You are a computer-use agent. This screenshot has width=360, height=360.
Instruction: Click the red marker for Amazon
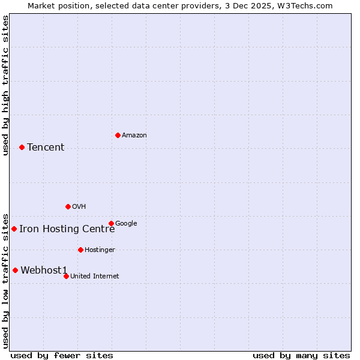(x=118, y=135)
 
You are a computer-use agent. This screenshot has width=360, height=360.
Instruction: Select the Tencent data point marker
(x=22, y=147)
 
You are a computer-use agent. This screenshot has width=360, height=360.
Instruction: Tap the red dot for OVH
(x=68, y=206)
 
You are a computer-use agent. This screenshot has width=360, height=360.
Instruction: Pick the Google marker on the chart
(x=111, y=223)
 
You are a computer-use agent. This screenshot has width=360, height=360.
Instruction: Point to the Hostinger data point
(x=80, y=250)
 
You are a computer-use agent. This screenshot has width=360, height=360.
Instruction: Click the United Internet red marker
(x=66, y=276)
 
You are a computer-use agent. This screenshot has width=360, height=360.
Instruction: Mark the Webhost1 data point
(x=15, y=270)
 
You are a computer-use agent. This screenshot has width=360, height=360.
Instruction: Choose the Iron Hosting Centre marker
(x=14, y=229)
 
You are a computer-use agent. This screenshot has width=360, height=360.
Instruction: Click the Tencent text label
(x=46, y=148)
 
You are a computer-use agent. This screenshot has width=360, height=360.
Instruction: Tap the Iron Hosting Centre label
(x=67, y=229)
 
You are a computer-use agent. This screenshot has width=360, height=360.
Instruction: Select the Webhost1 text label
(x=44, y=271)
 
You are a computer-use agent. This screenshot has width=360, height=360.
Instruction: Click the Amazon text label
(x=134, y=136)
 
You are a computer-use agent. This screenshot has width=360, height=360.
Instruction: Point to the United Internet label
(x=94, y=277)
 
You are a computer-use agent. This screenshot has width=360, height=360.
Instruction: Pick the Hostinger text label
(x=100, y=250)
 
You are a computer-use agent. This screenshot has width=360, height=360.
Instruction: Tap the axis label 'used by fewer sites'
(x=62, y=356)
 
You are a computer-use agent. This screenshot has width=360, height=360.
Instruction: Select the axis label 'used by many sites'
(x=301, y=356)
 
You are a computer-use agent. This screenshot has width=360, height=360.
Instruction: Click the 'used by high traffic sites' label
(x=5, y=85)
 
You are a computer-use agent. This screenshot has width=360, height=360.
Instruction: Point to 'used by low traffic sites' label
(x=5, y=280)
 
